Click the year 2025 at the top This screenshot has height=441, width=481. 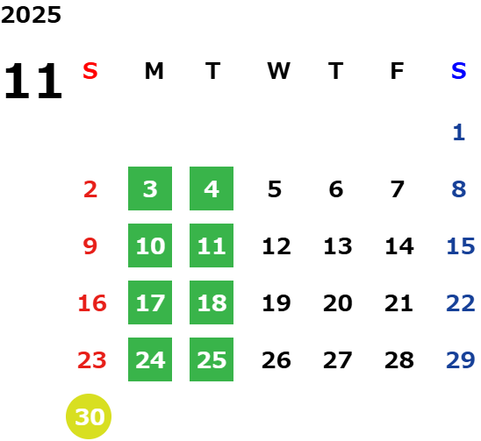[x=31, y=15]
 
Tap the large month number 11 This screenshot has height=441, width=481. [x=33, y=81]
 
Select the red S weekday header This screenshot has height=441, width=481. [x=90, y=71]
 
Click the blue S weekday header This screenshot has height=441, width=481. [x=458, y=71]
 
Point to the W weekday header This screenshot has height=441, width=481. [x=278, y=71]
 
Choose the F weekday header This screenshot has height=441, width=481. [x=397, y=71]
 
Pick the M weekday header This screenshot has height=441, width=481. [x=154, y=71]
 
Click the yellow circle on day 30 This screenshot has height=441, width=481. [x=89, y=416]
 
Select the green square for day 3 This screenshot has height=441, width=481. [x=150, y=188]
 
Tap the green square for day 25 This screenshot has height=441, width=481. [x=212, y=359]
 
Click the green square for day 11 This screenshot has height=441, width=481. [x=212, y=245]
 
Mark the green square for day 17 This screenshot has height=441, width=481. [x=150, y=302]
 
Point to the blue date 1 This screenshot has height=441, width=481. [x=459, y=132]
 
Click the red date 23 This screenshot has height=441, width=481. [x=92, y=359]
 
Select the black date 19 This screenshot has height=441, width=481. [x=276, y=303]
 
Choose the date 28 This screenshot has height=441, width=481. [x=399, y=359]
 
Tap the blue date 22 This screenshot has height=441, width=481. [x=461, y=303]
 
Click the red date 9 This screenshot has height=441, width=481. [x=90, y=246]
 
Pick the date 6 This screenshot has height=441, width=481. [x=336, y=189]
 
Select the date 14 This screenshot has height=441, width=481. [x=399, y=246]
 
